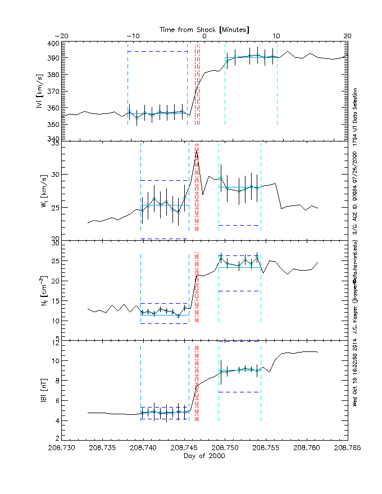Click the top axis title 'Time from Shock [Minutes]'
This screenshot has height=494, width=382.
tap(204, 29)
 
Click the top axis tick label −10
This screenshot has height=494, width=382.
tap(132, 36)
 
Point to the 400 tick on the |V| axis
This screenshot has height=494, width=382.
tap(53, 43)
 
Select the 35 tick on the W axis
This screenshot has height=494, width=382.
tap(55, 144)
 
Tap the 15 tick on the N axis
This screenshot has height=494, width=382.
tap(55, 300)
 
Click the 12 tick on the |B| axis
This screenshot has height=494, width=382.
tap(55, 341)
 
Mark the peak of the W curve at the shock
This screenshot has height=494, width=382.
tap(197, 150)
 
